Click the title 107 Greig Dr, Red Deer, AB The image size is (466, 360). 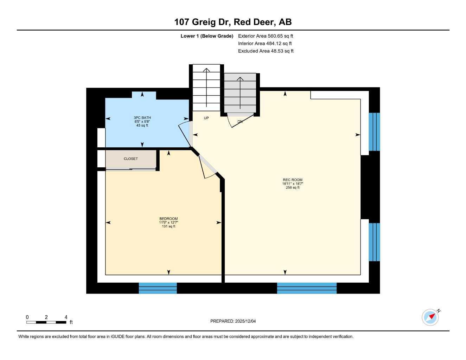[233, 22]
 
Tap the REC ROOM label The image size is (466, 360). [292, 180]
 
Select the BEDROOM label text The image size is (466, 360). [168, 219]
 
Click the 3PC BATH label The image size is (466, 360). [142, 118]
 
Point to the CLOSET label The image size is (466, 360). [131, 159]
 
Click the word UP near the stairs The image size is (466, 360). [206, 118]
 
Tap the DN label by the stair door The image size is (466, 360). [240, 122]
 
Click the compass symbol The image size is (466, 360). [430, 317]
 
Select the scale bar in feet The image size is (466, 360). [46, 322]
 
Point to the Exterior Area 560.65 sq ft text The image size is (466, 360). [266, 36]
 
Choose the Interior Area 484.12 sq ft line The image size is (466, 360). [265, 44]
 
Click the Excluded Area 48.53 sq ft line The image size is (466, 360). [266, 51]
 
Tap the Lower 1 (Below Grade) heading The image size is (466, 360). [207, 36]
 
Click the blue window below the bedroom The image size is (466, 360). [158, 288]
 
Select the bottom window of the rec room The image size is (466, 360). [307, 288]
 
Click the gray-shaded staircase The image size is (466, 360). [240, 93]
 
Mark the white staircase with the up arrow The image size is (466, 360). [206, 87]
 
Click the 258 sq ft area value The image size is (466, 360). [292, 188]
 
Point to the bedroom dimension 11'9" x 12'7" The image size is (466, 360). [168, 223]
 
